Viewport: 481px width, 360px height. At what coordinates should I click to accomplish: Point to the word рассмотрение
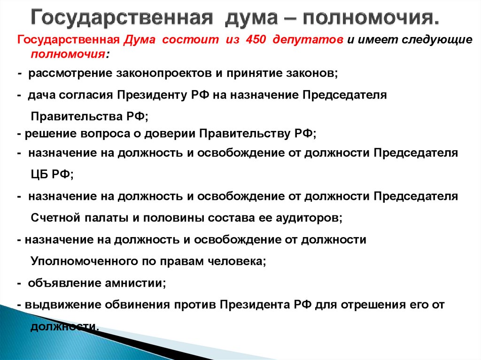point(63,74)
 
